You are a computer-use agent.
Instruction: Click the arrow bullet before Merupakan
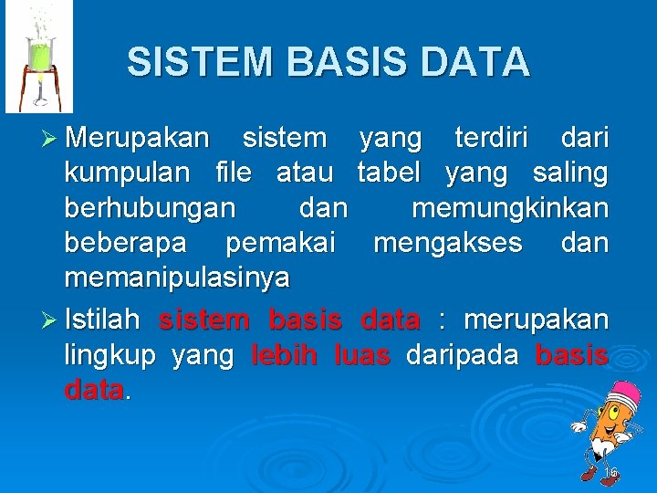50,139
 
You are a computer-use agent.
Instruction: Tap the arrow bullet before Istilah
50,320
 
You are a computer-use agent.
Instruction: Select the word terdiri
493,139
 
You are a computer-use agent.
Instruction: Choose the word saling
571,173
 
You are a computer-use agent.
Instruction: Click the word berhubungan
150,208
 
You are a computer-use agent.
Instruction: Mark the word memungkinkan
509,208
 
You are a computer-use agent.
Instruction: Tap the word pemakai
280,243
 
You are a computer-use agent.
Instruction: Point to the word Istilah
102,320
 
